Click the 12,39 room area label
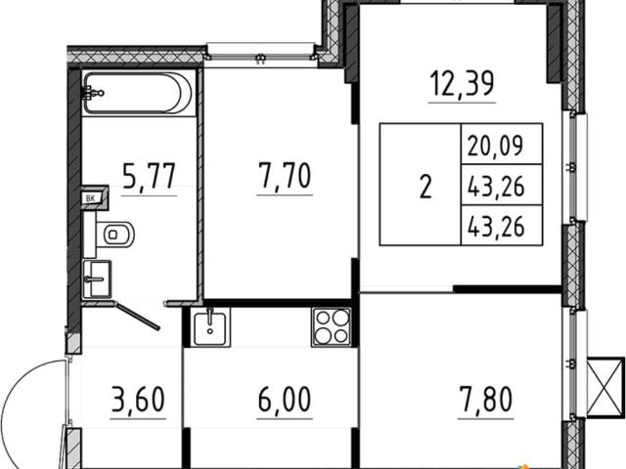[x=462, y=84]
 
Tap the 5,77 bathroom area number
[x=149, y=176]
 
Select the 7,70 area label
[x=285, y=176]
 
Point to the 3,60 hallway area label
[x=138, y=400]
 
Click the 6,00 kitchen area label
[x=285, y=400]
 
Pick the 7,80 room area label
[x=485, y=400]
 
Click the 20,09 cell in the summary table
[x=495, y=146]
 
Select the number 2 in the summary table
[x=425, y=187]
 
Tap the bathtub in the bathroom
[x=138, y=94]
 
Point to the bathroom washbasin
[x=97, y=279]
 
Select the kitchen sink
[x=209, y=328]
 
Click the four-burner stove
[x=332, y=327]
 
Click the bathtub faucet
[x=93, y=94]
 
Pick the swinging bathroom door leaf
[x=138, y=317]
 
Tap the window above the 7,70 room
[x=261, y=51]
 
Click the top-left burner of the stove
[x=323, y=318]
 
